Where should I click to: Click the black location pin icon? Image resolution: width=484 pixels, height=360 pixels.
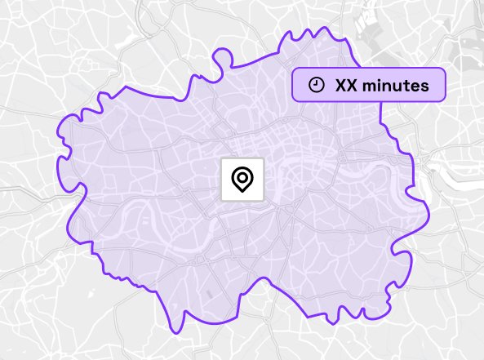(x=242, y=179)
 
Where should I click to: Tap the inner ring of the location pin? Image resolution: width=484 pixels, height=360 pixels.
(x=242, y=176)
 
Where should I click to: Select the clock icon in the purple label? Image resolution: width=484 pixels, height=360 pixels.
(x=317, y=85)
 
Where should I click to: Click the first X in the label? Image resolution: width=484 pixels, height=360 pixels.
(x=342, y=85)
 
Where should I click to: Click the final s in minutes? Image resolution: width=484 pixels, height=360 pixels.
(x=424, y=85)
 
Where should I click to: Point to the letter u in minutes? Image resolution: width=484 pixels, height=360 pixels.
(x=397, y=85)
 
